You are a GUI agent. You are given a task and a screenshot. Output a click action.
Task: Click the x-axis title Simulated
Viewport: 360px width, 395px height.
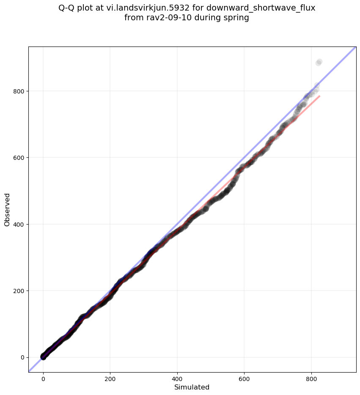[192, 387]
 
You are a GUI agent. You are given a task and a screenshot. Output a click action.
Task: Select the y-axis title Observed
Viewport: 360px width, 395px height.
[7, 209]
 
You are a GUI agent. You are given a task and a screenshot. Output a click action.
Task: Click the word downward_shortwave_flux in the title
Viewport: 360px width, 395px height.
[261, 8]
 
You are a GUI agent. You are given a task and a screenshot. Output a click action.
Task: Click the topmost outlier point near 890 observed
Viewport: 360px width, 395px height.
[319, 62]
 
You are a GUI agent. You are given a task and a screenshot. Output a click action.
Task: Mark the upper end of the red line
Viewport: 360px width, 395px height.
[319, 96]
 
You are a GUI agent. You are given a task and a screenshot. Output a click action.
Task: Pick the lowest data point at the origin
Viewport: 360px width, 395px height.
[43, 357]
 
